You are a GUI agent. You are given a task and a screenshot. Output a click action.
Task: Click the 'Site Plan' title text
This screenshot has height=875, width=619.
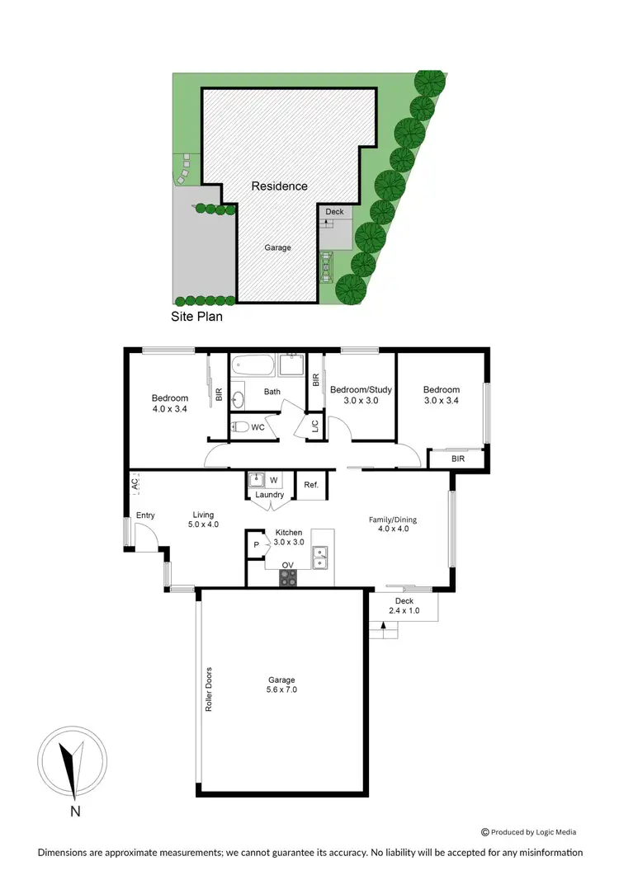tap(196, 316)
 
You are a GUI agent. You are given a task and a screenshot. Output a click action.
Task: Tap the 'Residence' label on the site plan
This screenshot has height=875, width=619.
tap(280, 186)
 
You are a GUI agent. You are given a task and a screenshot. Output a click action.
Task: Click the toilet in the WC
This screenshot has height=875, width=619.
tap(239, 426)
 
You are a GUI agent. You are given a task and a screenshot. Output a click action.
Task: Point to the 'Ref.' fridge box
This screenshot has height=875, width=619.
tap(311, 485)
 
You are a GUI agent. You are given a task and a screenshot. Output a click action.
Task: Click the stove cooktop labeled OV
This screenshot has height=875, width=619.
tap(288, 579)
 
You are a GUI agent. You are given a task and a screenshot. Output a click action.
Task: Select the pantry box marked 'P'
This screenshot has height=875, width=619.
tap(256, 545)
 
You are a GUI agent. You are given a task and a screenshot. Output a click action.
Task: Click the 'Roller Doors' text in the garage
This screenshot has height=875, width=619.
tap(209, 689)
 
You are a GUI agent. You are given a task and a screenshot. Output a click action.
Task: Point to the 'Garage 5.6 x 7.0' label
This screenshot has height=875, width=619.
tap(281, 684)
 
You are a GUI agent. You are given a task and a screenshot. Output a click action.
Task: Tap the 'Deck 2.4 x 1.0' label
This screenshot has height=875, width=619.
tap(404, 606)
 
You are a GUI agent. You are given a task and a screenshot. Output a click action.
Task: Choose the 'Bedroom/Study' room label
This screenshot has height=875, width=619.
tap(360, 390)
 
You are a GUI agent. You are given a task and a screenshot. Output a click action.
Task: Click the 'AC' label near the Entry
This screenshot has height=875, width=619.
tap(134, 484)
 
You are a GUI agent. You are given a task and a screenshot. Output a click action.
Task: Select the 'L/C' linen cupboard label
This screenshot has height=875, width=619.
tap(314, 426)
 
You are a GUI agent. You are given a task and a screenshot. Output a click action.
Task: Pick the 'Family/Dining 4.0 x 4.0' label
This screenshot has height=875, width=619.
tap(393, 524)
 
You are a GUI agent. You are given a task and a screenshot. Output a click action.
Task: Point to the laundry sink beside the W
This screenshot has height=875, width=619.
tap(256, 479)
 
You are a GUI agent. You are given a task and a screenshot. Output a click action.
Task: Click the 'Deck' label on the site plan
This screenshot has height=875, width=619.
tap(334, 212)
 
